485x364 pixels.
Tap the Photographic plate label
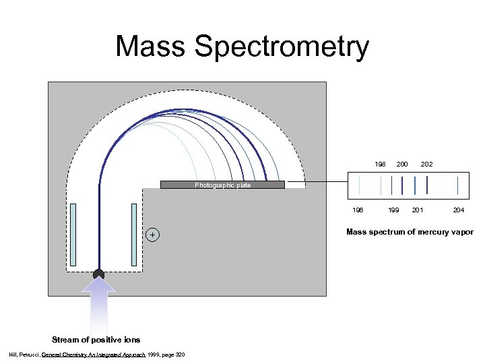(x=222, y=185)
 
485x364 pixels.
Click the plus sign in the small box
(x=153, y=235)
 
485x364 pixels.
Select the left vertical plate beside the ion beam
(x=73, y=235)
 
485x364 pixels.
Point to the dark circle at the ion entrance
(x=99, y=274)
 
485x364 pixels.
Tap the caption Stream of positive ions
(x=86, y=339)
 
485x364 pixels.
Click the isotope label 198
(x=381, y=164)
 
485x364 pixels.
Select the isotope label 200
(x=402, y=164)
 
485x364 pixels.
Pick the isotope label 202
(x=426, y=164)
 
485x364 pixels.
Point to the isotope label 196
(x=358, y=210)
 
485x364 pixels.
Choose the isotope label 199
(x=393, y=210)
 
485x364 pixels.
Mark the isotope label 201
(x=418, y=210)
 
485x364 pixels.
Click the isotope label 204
(x=458, y=210)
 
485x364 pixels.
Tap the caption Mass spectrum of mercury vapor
(x=410, y=232)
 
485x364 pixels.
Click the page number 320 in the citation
(x=180, y=355)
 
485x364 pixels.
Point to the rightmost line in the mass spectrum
(x=458, y=185)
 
